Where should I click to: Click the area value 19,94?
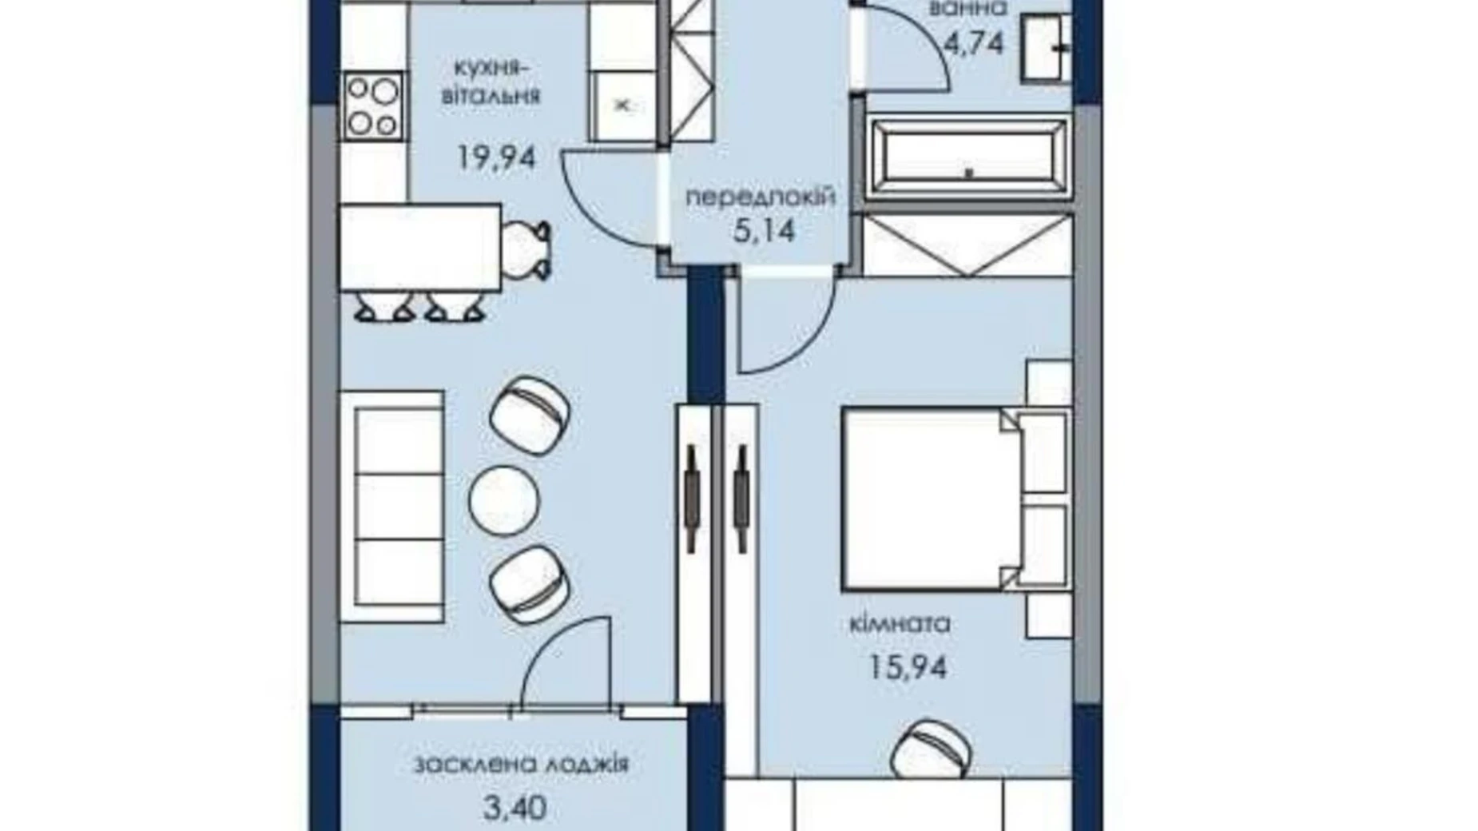point(496,157)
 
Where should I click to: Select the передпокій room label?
point(761,197)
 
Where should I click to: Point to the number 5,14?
point(764,232)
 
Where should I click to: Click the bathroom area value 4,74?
point(973,42)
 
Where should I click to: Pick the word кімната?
point(900,623)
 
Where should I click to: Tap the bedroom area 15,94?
point(908,666)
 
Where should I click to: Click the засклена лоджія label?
point(521,765)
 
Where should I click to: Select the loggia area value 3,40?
point(515,807)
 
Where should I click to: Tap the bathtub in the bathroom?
point(967,158)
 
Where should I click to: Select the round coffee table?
point(504,501)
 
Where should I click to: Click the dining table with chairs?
point(420,248)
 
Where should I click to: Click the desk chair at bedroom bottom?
point(932,748)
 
